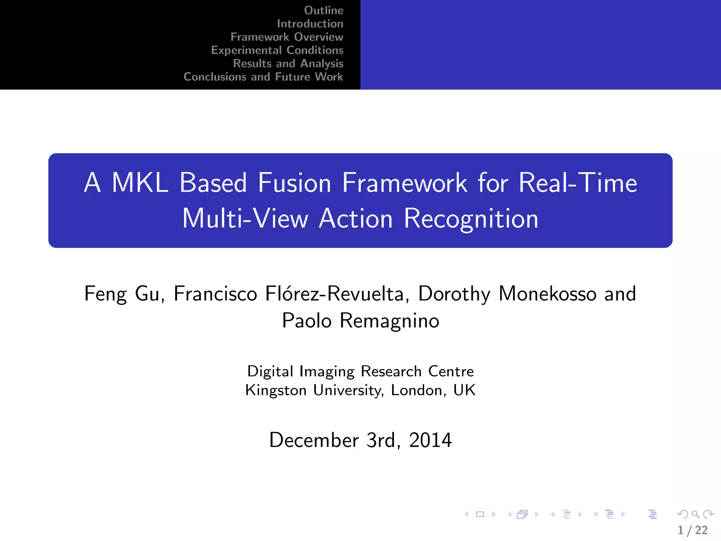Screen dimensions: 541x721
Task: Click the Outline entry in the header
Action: (324, 11)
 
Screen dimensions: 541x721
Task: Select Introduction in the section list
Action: (310, 24)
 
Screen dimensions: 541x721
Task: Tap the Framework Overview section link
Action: (287, 37)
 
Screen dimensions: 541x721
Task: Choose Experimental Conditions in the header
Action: (277, 50)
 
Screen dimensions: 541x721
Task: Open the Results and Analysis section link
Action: (288, 63)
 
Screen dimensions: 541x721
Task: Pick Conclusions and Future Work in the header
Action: (263, 77)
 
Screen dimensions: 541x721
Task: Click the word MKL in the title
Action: (140, 183)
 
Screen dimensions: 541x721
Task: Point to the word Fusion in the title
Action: (294, 183)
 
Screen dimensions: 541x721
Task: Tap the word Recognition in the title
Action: (471, 219)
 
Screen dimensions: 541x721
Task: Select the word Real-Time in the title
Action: (578, 183)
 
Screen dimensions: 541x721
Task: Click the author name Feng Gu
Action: (122, 294)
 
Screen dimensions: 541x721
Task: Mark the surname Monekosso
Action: (547, 294)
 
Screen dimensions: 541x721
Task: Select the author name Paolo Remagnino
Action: (360, 321)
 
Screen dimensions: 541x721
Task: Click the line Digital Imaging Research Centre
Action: (360, 372)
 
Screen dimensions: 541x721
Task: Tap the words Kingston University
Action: (314, 390)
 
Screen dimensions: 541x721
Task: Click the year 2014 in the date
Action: (430, 440)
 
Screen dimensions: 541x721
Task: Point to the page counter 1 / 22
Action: (692, 530)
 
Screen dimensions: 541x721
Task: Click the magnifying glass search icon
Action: (695, 514)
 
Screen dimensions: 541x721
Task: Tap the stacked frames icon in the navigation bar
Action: (522, 515)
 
